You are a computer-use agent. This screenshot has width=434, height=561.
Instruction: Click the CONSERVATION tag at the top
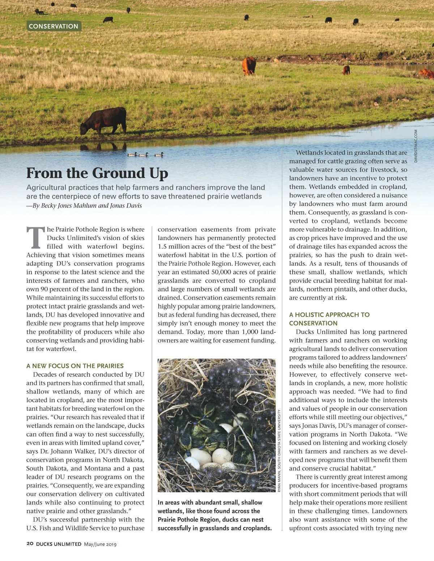[x=54, y=26]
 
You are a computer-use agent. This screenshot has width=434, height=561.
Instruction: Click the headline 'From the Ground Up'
[x=97, y=173]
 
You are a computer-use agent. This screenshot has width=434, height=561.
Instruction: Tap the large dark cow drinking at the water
[x=104, y=121]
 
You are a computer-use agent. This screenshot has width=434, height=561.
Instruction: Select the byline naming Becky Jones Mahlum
[x=84, y=205]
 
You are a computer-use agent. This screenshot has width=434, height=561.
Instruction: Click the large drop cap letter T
[x=35, y=238]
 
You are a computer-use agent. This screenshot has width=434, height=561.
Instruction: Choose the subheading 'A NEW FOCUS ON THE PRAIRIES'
[x=75, y=366]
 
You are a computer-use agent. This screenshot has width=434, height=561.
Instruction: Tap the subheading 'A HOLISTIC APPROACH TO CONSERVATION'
[x=329, y=319]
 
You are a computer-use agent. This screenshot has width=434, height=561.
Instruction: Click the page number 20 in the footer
[x=30, y=544]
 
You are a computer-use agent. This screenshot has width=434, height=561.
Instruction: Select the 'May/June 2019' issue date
[x=100, y=544]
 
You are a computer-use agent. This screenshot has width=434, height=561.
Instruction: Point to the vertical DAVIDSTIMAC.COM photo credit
[x=416, y=146]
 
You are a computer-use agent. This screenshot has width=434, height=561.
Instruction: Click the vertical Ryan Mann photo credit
[x=279, y=450]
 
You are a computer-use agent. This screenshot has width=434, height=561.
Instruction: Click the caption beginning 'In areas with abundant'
[x=214, y=515]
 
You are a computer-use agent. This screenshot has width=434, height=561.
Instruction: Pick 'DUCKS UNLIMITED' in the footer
[x=59, y=544]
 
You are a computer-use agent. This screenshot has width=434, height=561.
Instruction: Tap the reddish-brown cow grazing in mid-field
[x=249, y=66]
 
